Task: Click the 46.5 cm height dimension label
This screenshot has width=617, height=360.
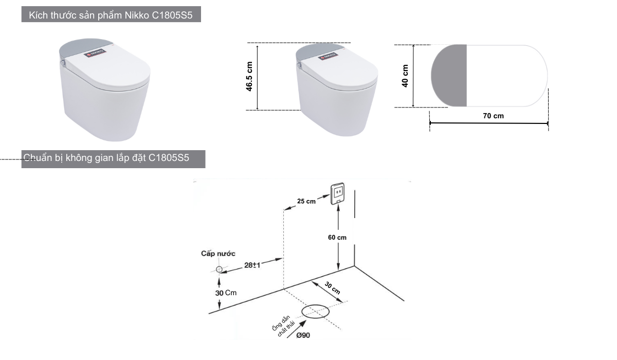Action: coord(249,76)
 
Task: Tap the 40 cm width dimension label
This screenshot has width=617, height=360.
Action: coord(405,76)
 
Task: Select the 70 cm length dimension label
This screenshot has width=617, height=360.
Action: coord(493,116)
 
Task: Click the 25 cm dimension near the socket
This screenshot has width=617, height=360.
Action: coord(306,202)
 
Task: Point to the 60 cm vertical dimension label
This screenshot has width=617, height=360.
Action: coord(337,238)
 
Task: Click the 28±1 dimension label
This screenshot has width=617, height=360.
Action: coord(252,265)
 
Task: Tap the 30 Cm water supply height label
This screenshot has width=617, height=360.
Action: coord(226,293)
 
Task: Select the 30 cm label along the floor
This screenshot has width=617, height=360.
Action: coord(333,288)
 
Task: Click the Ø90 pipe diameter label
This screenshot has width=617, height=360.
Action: coord(303,335)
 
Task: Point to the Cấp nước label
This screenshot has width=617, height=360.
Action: coord(218,254)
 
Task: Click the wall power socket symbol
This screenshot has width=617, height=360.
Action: coord(338,194)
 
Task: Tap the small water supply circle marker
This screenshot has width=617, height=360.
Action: coord(219,269)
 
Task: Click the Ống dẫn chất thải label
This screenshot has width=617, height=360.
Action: coord(283,326)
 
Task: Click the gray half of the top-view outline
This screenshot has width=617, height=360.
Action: coord(449,76)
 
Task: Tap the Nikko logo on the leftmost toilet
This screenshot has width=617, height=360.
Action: coord(95,53)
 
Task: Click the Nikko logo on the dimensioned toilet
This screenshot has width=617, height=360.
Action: coord(328,56)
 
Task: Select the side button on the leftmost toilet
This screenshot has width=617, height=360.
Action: coord(63,64)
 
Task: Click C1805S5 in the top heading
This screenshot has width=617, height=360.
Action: coord(172,15)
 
